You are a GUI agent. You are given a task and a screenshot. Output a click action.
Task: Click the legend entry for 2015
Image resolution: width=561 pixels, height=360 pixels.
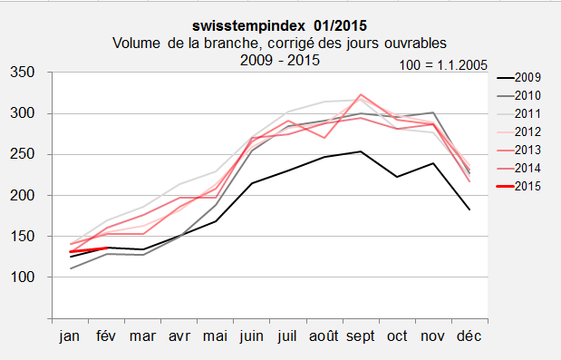527,185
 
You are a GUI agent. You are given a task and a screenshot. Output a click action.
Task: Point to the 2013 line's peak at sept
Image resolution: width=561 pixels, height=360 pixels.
362,94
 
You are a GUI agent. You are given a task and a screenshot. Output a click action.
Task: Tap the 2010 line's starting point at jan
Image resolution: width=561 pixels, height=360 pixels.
70,268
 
